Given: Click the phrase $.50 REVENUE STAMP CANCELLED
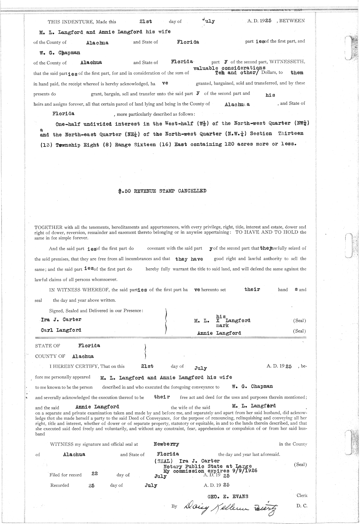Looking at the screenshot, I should (162, 191).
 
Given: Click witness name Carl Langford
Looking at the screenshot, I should (61, 330).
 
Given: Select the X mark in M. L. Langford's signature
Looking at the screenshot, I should (218, 320).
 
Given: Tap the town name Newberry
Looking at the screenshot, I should (166, 444).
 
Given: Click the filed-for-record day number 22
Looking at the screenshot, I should (95, 473).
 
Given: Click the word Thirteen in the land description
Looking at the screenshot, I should (290, 134).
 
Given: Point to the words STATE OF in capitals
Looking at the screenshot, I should (47, 346).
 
